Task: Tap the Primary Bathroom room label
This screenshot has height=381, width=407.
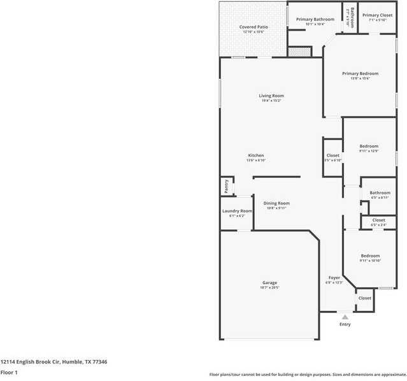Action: (x=315, y=19)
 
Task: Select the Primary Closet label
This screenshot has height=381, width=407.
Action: (x=377, y=15)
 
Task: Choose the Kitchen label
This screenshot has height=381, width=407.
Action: (x=255, y=155)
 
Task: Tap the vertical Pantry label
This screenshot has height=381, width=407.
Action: (x=226, y=186)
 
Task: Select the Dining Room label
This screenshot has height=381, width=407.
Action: (x=276, y=203)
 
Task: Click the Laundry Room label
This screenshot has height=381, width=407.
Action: (x=237, y=211)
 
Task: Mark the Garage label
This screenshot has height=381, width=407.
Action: (x=269, y=282)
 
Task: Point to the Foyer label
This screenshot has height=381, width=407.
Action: (x=334, y=278)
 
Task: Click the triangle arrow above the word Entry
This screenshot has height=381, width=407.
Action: (x=345, y=316)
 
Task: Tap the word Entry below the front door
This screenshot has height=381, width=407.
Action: (x=345, y=324)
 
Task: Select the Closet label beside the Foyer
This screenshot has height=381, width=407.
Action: (x=364, y=298)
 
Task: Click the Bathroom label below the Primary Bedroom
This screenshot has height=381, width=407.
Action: (x=380, y=192)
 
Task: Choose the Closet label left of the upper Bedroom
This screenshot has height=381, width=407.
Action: (x=332, y=155)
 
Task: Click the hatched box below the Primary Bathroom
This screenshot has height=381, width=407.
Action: (x=298, y=52)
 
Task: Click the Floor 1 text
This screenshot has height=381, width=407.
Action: (x=9, y=372)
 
